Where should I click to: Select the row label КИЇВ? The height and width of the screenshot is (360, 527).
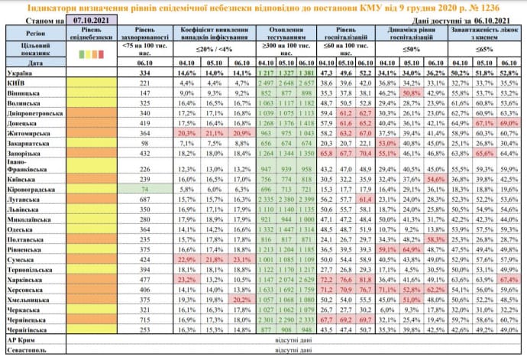(18, 82)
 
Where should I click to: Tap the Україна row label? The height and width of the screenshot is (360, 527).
(19, 72)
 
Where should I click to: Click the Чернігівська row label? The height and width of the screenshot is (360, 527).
(26, 329)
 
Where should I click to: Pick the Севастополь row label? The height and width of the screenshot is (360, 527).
(24, 349)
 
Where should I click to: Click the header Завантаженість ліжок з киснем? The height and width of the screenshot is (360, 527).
(485, 34)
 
